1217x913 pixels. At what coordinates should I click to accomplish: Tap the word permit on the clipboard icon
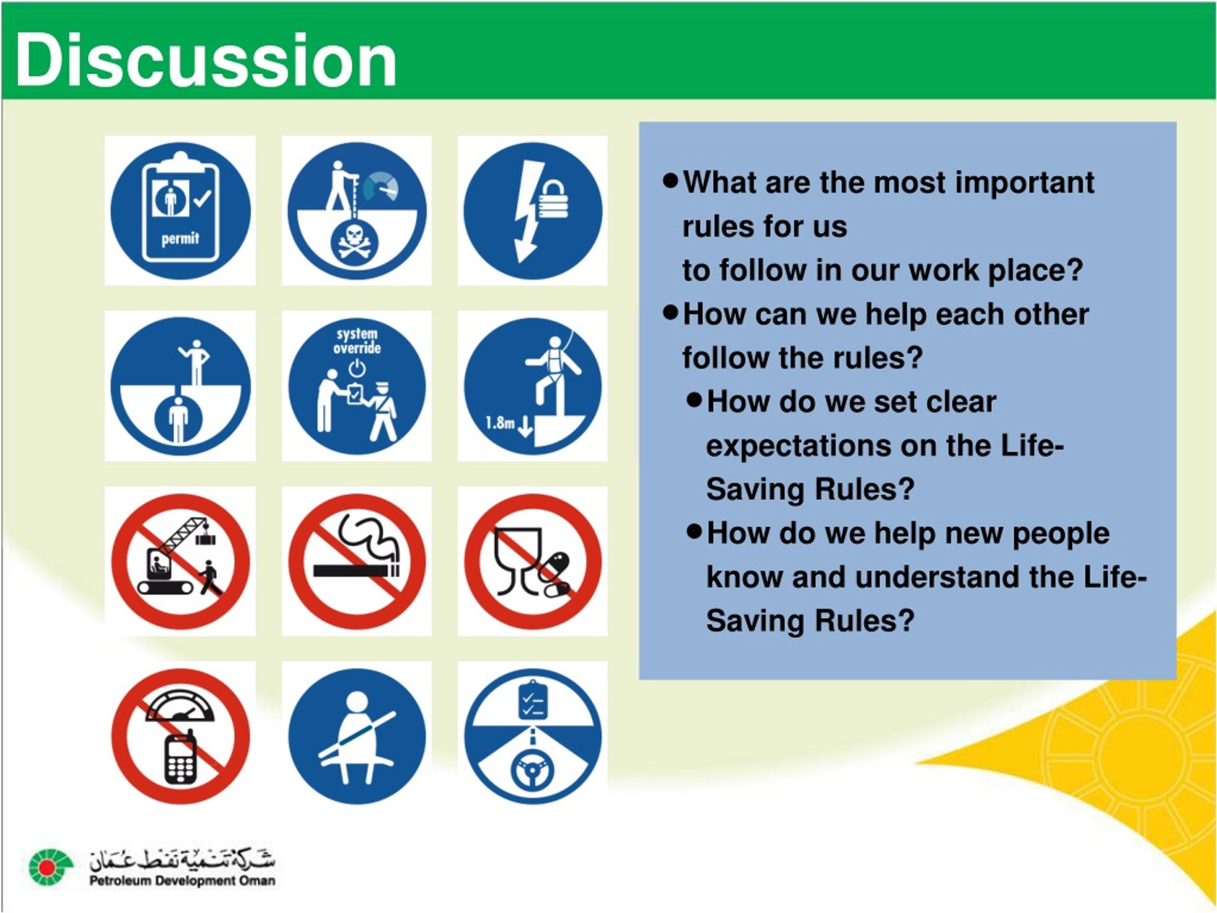180,239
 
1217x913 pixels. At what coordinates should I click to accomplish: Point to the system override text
357,341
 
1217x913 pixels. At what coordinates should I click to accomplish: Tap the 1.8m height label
500,423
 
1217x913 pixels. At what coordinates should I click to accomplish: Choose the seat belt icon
357,736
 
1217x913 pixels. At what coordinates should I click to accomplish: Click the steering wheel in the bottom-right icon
532,770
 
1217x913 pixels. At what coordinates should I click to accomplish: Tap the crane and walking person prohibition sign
181,561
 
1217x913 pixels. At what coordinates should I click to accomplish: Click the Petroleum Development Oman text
182,881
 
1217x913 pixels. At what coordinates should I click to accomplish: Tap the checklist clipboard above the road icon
532,700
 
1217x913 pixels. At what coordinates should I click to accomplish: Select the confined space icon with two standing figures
181,386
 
